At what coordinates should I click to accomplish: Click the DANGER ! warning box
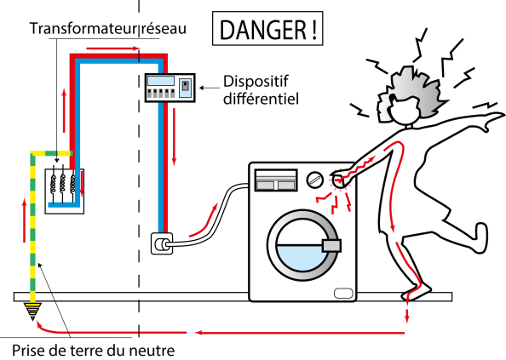point(267,28)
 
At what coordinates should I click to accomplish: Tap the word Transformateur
point(83,28)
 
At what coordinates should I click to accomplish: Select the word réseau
point(164,28)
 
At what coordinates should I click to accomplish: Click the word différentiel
point(261,99)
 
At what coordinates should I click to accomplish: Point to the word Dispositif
point(256,82)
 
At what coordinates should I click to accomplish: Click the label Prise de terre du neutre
point(93,350)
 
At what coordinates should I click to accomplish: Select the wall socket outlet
point(162,243)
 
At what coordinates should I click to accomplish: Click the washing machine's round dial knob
point(314,180)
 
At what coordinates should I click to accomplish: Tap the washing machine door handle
point(331,246)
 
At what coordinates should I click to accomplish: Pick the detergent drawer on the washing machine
point(276,180)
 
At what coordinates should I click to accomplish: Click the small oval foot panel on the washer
point(343,293)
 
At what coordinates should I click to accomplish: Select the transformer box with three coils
point(65,191)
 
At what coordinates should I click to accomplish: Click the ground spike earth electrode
point(32,311)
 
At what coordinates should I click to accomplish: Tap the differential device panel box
point(170,88)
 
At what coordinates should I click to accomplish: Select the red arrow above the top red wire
point(113,49)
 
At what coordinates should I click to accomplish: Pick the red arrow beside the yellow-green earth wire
point(25,220)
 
